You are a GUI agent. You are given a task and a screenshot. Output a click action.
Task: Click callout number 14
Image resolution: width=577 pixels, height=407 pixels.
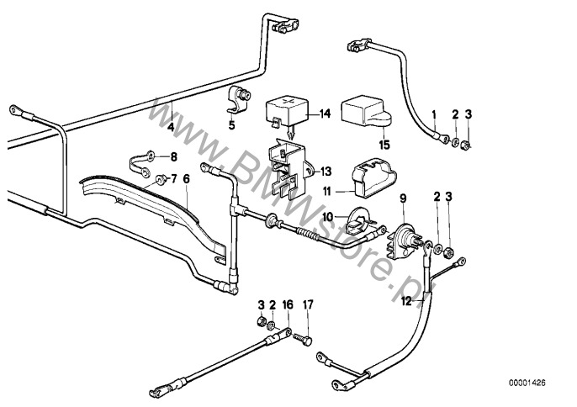pos(325,113)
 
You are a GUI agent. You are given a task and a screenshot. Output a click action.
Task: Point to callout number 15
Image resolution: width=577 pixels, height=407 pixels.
pos(384,145)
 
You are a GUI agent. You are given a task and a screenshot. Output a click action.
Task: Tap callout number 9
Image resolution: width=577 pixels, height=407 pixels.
pos(403,198)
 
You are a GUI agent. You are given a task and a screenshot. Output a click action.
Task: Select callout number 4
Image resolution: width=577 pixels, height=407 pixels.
pos(170,128)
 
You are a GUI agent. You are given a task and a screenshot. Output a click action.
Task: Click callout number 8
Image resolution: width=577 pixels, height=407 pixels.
pos(174,156)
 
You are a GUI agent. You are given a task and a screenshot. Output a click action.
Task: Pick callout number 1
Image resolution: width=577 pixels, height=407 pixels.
pos(434,113)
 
